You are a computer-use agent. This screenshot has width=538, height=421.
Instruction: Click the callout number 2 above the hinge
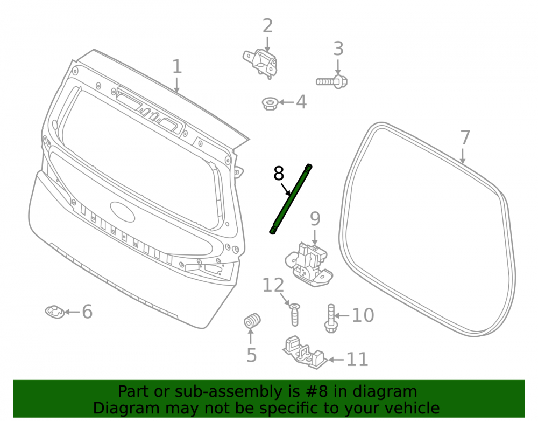267,26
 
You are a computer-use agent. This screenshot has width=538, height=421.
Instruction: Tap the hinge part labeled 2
261,64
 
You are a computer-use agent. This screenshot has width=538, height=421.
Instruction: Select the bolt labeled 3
331,81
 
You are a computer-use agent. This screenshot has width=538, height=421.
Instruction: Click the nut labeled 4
270,103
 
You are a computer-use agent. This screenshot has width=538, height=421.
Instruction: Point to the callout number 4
301,102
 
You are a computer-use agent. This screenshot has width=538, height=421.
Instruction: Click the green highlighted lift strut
291,199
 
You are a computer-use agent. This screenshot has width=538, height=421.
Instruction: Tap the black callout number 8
279,174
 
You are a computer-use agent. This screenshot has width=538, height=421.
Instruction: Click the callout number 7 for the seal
465,137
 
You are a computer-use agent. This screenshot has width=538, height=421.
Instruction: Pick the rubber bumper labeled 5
252,321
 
